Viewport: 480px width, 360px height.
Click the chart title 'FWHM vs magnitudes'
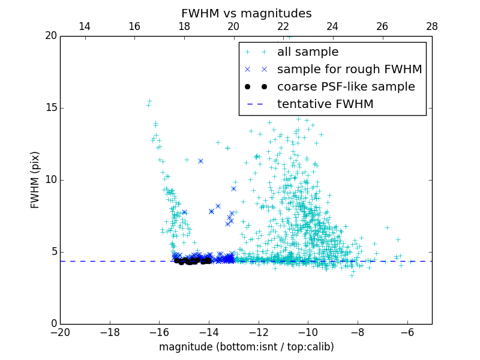click(x=246, y=13)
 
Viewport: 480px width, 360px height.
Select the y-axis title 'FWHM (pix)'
click(x=35, y=180)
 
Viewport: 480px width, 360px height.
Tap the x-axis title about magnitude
click(x=246, y=347)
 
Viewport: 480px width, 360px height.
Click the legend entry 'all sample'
click(x=308, y=52)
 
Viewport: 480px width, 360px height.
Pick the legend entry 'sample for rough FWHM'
click(x=349, y=69)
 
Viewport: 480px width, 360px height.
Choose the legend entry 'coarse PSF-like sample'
click(x=346, y=86)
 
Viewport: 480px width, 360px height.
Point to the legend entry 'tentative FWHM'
click(x=325, y=104)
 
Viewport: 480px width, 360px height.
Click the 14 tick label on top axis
click(x=85, y=26)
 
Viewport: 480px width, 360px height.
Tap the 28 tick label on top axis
click(x=432, y=26)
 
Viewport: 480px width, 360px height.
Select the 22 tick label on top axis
click(x=283, y=26)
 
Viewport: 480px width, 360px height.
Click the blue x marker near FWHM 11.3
click(x=200, y=161)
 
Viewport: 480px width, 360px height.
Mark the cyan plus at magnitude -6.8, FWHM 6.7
click(x=387, y=227)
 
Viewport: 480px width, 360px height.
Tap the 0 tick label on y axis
click(x=53, y=324)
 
